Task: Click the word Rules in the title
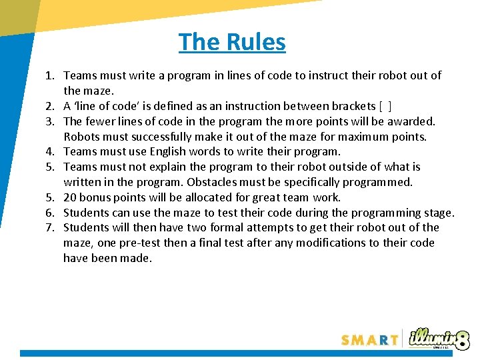pyautogui.click(x=256, y=42)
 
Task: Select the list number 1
pyautogui.click(x=50, y=76)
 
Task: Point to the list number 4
pyautogui.click(x=50, y=152)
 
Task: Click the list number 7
pyautogui.click(x=50, y=228)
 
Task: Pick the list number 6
pyautogui.click(x=50, y=213)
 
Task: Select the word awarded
pyautogui.click(x=414, y=121)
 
